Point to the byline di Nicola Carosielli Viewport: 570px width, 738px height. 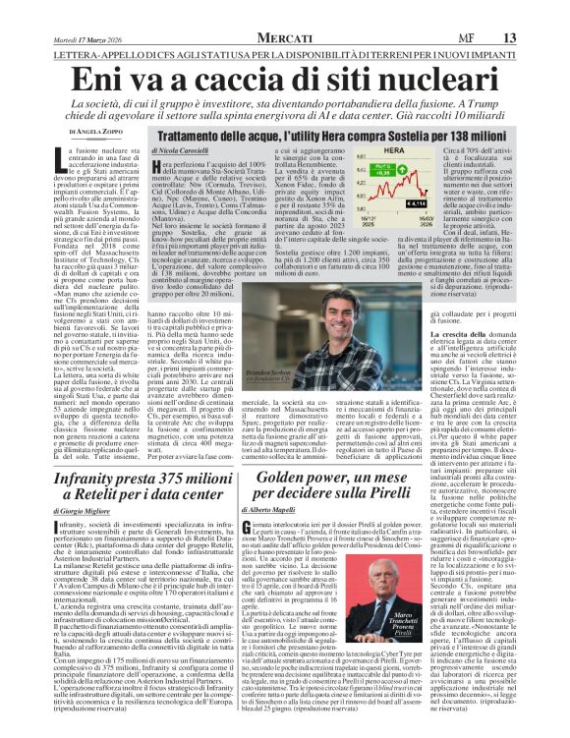(x=183, y=148)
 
